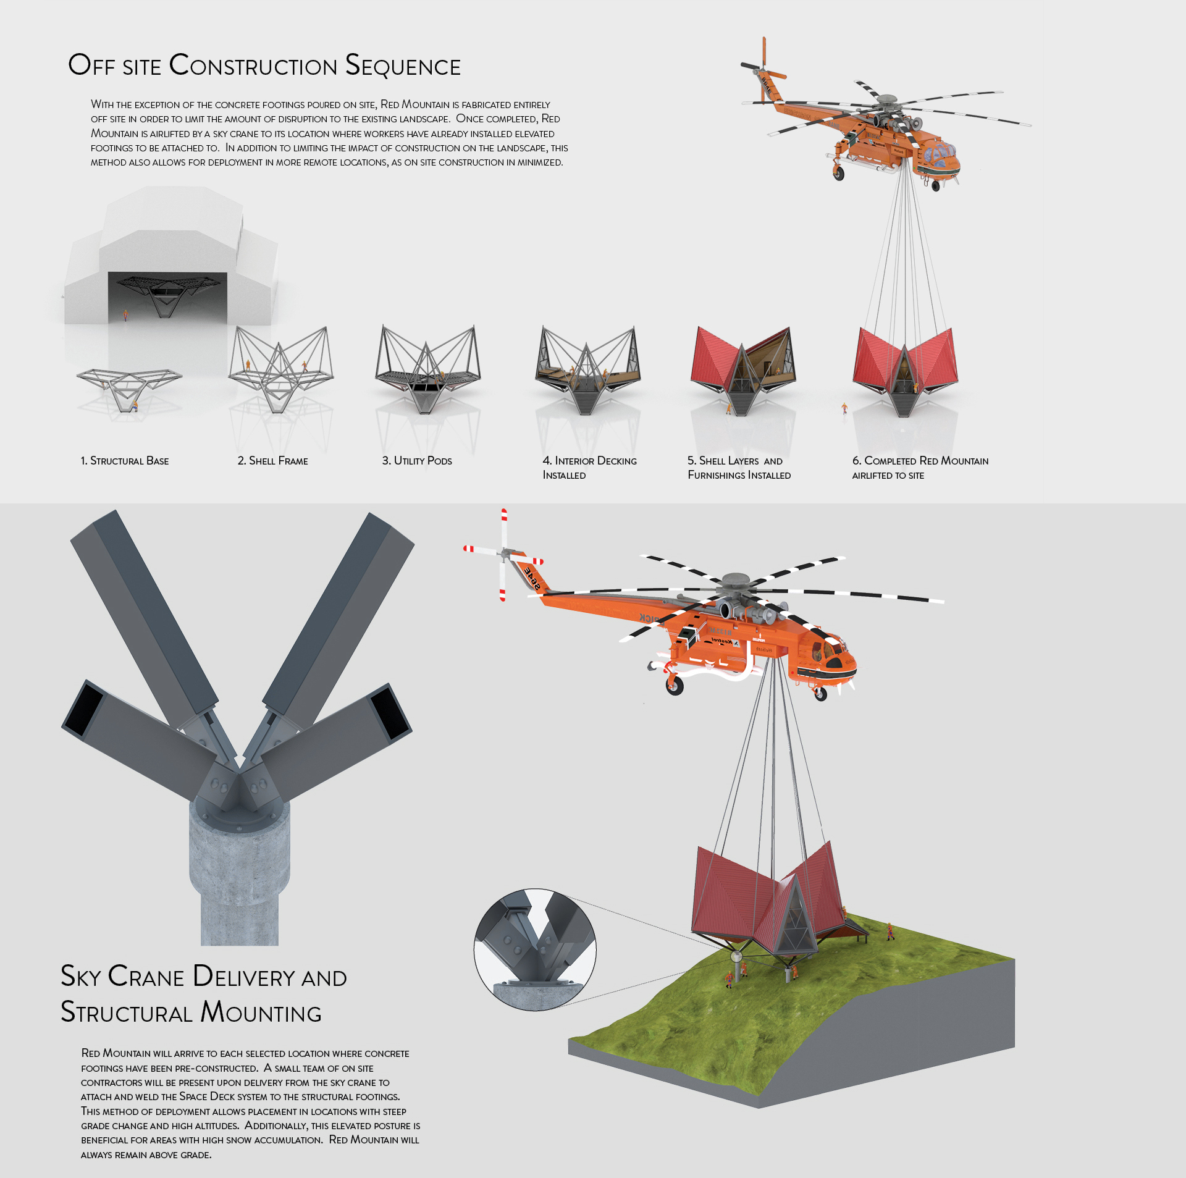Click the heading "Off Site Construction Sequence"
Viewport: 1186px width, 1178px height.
point(264,65)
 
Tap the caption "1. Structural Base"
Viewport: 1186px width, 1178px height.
point(125,461)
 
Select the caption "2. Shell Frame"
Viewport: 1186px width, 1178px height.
point(272,461)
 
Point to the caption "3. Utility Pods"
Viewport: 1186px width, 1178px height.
point(417,461)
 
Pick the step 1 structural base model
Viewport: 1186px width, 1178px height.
point(129,386)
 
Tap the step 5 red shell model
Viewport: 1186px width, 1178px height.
point(743,368)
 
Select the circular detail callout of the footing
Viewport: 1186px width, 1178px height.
point(535,949)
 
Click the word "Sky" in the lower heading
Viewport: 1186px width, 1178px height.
point(80,977)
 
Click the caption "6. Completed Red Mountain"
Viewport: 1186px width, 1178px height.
point(920,461)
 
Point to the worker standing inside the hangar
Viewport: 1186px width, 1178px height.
point(126,315)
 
